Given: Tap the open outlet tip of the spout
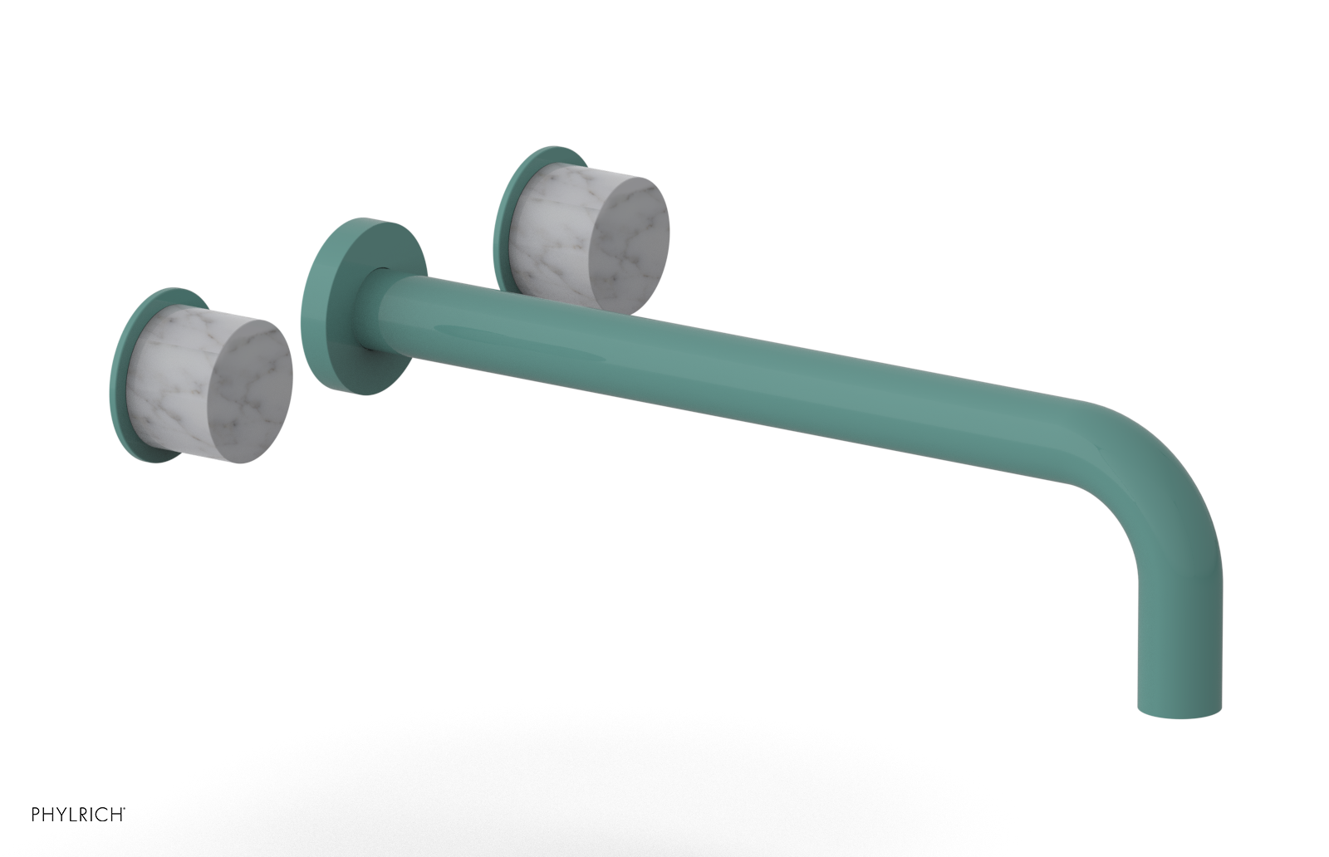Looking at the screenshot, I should [x=1179, y=711].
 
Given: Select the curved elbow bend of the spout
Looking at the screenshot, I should [x=1163, y=465].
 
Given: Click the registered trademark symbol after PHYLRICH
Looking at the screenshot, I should [x=125, y=807].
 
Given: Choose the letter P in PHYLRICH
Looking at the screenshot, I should [x=36, y=814].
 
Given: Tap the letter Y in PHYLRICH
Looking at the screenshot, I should [x=61, y=814].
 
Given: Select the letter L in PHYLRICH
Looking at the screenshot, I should [x=72, y=814].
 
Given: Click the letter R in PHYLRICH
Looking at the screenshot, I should [x=83, y=814].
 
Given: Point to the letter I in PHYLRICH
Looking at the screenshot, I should [x=92, y=814].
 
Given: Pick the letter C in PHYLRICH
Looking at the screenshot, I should [x=102, y=814].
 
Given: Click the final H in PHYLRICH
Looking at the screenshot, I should [x=116, y=814].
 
